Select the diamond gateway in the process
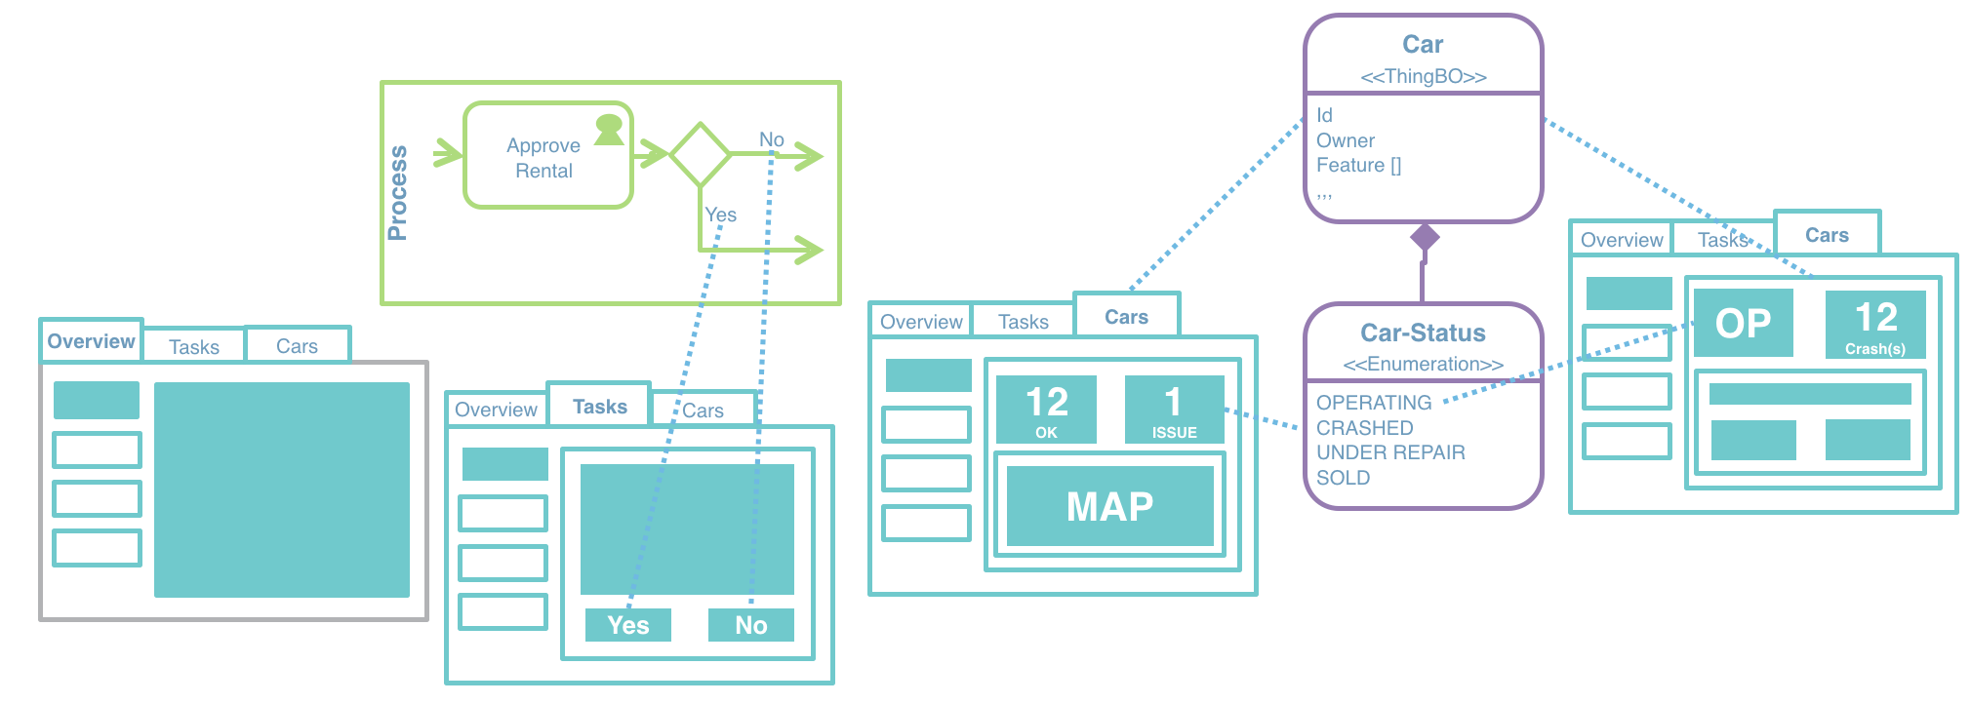(x=700, y=154)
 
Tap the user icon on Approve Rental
(x=609, y=130)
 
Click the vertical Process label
(x=397, y=193)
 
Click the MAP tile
(x=1109, y=506)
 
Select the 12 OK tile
(x=1046, y=410)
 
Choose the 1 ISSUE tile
(x=1174, y=410)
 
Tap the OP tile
(x=1743, y=323)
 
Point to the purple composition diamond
(x=1425, y=236)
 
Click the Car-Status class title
(x=1423, y=333)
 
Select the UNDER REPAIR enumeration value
(x=1390, y=452)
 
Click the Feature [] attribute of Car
(x=1358, y=166)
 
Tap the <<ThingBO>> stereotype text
(x=1423, y=76)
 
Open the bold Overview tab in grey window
(x=91, y=341)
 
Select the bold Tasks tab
(x=599, y=407)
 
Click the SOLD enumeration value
(x=1343, y=478)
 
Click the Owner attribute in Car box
(x=1345, y=140)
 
